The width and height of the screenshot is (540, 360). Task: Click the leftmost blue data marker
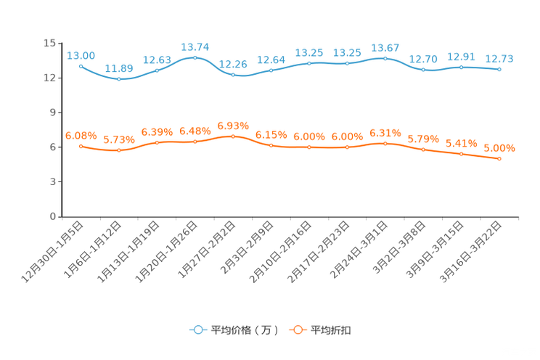tap(81, 66)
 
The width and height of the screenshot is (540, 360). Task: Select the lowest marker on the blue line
tap(119, 78)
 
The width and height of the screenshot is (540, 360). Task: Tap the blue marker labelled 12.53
tap(157, 70)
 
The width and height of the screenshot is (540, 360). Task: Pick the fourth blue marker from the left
tap(195, 57)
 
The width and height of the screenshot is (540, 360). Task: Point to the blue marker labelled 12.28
tap(233, 74)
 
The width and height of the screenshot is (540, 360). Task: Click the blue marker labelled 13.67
tap(385, 57)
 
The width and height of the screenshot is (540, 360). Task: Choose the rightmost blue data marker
tap(499, 70)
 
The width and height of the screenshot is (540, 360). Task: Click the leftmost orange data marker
tap(81, 146)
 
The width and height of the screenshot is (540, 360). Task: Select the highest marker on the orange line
tap(233, 136)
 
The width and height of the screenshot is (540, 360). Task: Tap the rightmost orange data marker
tap(499, 158)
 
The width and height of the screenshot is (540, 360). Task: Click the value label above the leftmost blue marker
tap(81, 55)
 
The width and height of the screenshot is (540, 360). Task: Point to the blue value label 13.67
tap(385, 47)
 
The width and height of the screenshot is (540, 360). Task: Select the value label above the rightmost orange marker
tap(499, 148)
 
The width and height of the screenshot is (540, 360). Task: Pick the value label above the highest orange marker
tap(233, 125)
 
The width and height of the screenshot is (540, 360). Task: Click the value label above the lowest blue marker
tap(119, 68)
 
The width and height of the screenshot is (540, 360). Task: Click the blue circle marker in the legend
tap(197, 330)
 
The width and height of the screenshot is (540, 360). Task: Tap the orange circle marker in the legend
tap(297, 330)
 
